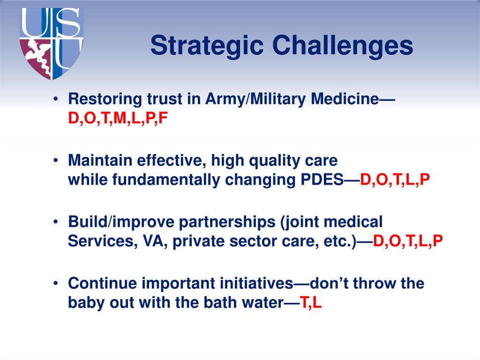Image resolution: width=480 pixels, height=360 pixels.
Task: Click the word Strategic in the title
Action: pos(207,46)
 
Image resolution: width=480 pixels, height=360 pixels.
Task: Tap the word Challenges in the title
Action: pos(343,45)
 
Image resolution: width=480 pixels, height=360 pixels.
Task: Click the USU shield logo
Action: pos(52,44)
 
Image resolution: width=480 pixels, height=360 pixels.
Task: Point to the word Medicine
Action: pos(345,99)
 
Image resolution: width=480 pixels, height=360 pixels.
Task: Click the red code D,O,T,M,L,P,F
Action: pos(118,118)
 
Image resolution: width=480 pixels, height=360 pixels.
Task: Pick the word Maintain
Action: pos(100,160)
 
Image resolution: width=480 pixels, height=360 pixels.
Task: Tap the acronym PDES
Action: pos(322,180)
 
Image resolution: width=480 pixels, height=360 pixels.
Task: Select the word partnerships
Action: pos(227,222)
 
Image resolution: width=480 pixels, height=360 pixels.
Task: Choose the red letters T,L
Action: pos(311,302)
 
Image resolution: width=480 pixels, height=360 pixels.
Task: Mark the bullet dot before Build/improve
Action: pos(55,222)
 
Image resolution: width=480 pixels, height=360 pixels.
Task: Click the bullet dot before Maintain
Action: pos(55,160)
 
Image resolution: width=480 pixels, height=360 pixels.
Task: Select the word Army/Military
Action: pos(255,99)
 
